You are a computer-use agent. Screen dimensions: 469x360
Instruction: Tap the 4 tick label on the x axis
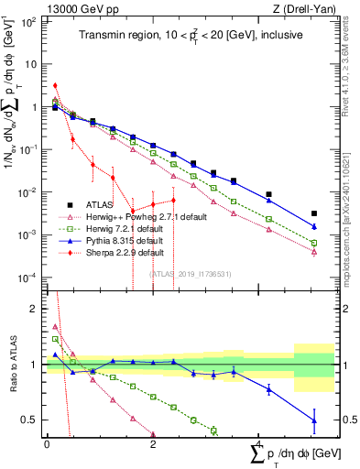259,443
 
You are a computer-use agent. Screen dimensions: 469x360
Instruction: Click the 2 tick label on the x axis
153,443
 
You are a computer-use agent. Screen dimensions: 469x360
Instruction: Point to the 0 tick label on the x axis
47,443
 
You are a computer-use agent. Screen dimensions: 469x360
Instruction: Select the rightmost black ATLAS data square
314,213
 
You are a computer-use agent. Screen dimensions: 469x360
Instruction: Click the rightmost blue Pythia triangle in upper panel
314,226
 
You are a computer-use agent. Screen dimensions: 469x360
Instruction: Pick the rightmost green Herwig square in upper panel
314,243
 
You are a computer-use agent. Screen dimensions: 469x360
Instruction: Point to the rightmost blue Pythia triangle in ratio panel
314,420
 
